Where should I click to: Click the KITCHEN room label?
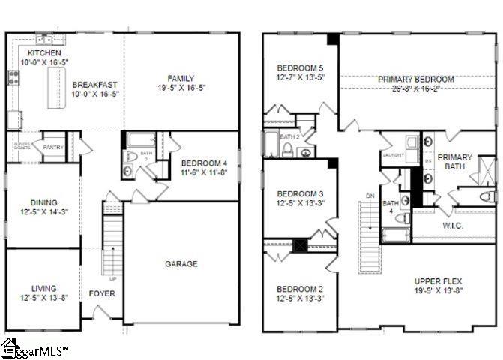[40, 53]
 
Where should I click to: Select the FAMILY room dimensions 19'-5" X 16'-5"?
[181, 88]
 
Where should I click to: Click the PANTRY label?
[52, 148]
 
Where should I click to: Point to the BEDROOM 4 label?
[204, 163]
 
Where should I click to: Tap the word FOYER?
[102, 293]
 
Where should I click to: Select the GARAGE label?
[181, 263]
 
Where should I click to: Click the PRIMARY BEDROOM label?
[416, 79]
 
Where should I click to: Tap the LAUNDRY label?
[393, 155]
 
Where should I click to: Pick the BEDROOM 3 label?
[298, 191]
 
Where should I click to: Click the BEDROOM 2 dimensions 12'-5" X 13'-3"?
[298, 298]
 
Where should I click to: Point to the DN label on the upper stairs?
[369, 196]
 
